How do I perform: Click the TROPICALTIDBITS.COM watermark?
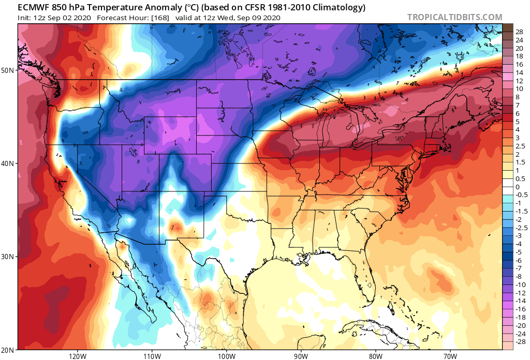tap(454, 17)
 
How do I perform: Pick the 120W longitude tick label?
tap(77, 356)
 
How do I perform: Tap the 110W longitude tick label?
tap(152, 356)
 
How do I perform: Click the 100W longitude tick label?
tap(226, 356)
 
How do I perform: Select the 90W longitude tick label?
tap(301, 356)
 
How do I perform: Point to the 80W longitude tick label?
tap(375, 356)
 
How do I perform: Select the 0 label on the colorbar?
tap(518, 187)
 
